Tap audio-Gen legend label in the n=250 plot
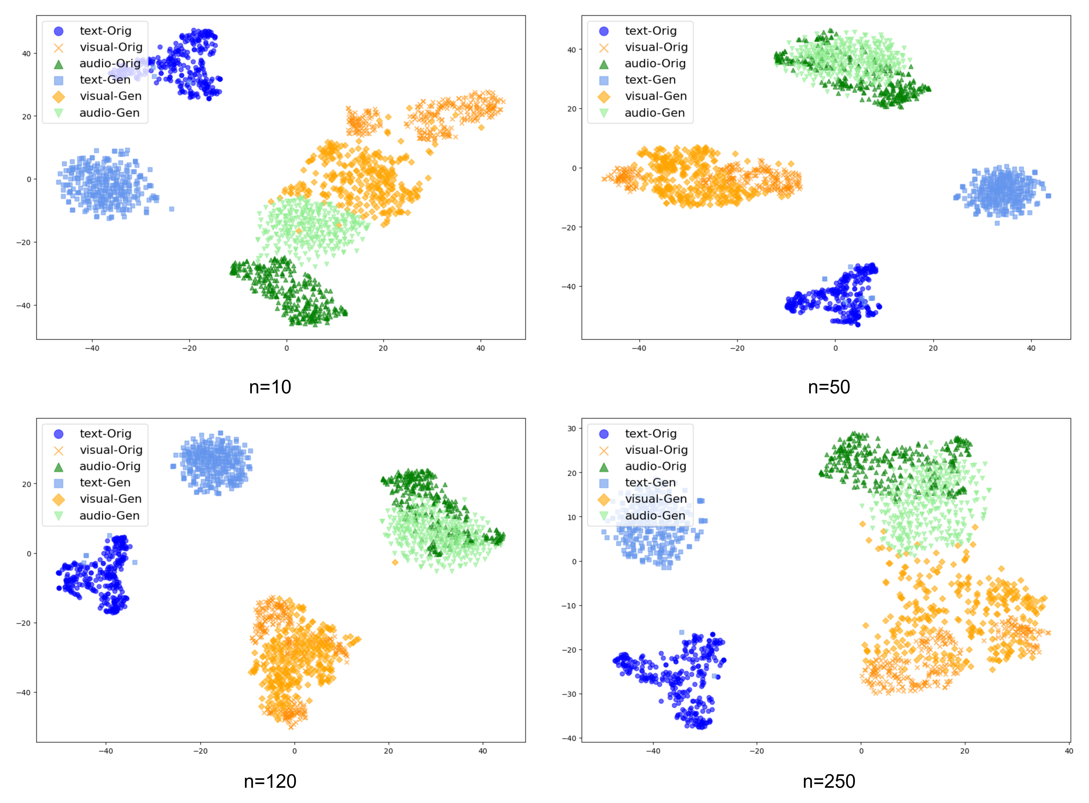click(x=655, y=515)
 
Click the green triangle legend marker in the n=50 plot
click(x=604, y=64)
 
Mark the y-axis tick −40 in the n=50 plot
click(x=568, y=286)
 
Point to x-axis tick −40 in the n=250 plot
click(x=653, y=751)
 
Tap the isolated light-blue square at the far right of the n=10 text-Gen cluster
click(x=171, y=209)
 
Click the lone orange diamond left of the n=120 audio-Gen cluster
click(x=395, y=562)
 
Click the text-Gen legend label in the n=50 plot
click(x=650, y=80)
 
